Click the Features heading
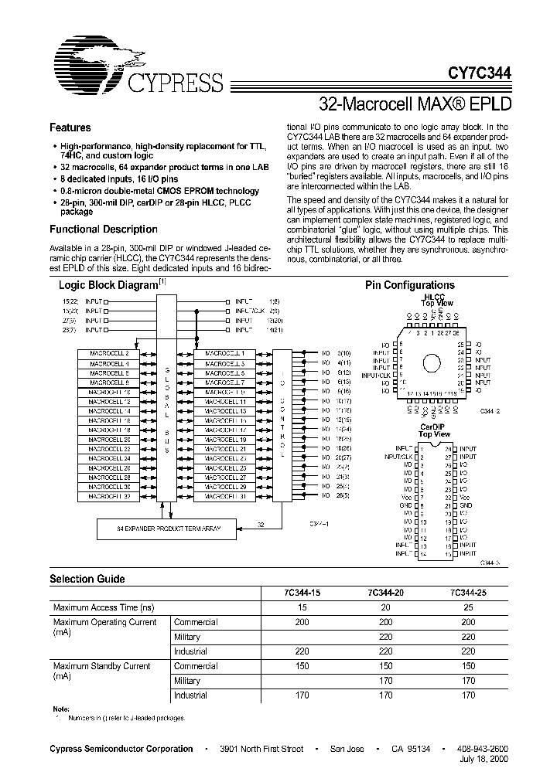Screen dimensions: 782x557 point(70,127)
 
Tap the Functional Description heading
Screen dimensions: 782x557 point(103,229)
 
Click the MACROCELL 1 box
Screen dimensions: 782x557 point(225,353)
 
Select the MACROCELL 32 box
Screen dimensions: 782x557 point(108,496)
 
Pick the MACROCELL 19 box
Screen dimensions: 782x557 point(225,439)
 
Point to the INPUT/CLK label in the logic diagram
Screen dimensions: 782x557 point(251,309)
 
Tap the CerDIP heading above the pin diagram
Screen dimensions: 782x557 point(434,427)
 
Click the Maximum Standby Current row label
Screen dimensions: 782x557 point(101,665)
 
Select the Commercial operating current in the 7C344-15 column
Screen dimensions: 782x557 point(302,622)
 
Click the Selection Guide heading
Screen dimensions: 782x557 point(87,578)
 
